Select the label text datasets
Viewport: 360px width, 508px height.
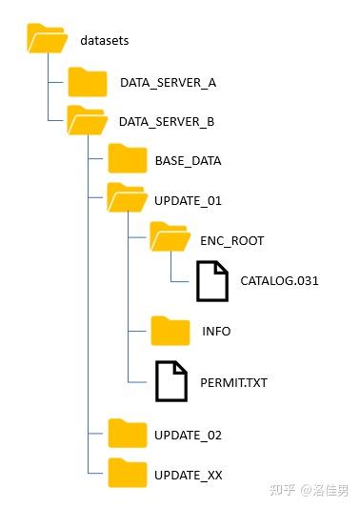[x=104, y=42]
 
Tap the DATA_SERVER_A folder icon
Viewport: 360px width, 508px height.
[x=89, y=82]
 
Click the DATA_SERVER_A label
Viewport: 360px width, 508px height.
[x=168, y=83]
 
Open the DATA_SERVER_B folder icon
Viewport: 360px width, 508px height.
[x=88, y=121]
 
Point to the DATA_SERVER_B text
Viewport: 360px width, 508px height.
[x=167, y=122]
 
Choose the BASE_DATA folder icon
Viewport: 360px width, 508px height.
[x=128, y=160]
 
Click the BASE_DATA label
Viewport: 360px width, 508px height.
[x=188, y=161]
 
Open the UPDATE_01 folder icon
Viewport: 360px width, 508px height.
[x=127, y=200]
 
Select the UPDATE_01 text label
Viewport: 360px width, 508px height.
[x=188, y=201]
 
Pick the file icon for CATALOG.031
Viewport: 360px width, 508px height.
[x=213, y=280]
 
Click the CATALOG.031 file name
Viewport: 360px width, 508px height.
[x=279, y=281]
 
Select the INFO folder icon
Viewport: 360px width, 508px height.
[x=170, y=331]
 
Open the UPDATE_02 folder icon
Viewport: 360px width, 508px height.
[x=128, y=434]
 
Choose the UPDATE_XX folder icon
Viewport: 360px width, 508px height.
[x=128, y=473]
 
